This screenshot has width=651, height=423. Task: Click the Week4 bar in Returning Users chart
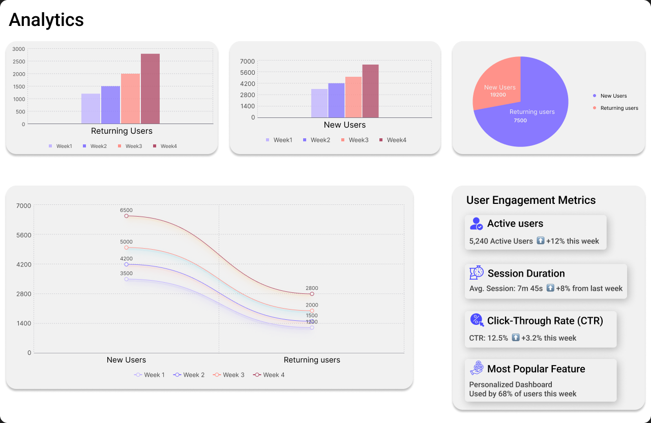[x=150, y=89]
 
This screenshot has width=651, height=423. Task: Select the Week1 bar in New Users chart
[x=319, y=103]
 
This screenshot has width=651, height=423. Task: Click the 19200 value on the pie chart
[x=498, y=95]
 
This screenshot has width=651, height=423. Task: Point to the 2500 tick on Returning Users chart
[x=19, y=62]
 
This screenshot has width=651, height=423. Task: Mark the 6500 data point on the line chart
[x=127, y=216]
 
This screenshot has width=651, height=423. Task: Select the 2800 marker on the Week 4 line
[x=312, y=294]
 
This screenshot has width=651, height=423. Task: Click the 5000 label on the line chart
[x=126, y=242]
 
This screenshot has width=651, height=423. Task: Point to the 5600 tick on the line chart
[x=23, y=235]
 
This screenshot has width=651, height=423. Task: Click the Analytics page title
[x=46, y=20]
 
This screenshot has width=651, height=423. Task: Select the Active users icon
[x=477, y=224]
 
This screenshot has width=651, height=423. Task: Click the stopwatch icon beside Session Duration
[x=477, y=273]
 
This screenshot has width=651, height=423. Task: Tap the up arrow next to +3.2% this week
[x=516, y=338]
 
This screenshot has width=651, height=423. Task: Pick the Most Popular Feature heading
[x=536, y=369]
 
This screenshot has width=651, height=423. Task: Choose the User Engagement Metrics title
[x=531, y=200]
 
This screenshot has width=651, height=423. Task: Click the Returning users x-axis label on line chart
[x=312, y=360]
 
